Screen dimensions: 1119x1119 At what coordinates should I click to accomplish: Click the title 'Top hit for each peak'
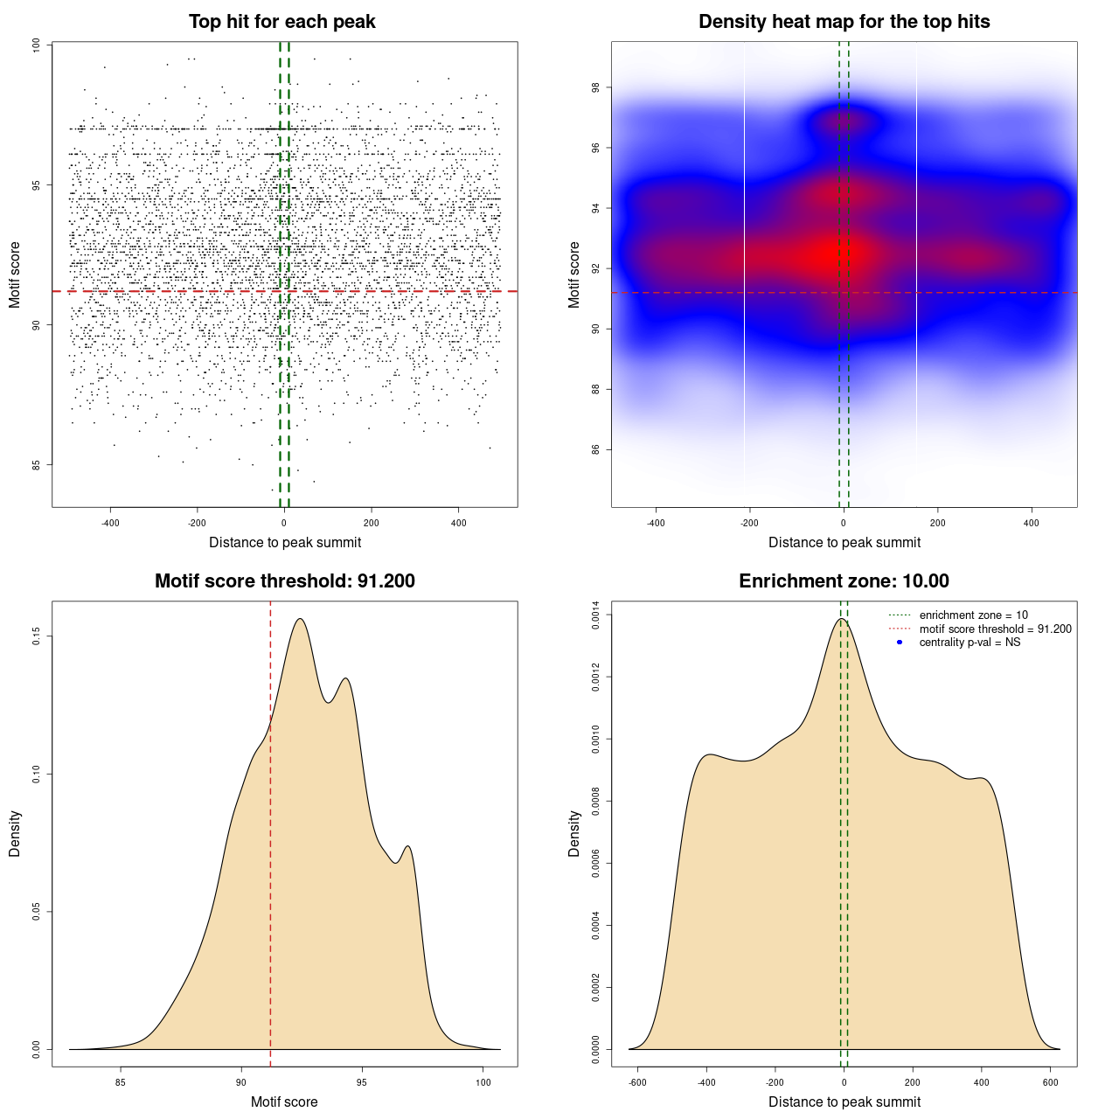click(x=281, y=22)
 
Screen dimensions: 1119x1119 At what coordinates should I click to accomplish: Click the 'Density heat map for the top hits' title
click(x=844, y=22)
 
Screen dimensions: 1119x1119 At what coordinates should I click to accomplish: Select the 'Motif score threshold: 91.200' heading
click(x=284, y=581)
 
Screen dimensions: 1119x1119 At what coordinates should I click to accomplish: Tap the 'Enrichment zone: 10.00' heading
click(x=844, y=581)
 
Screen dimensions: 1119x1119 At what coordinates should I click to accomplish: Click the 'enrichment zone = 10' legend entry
click(x=973, y=615)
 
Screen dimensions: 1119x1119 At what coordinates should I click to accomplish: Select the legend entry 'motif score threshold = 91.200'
click(x=995, y=629)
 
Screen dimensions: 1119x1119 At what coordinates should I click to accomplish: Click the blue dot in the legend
click(x=900, y=643)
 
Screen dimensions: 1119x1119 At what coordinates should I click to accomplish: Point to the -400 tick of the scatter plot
click(x=110, y=523)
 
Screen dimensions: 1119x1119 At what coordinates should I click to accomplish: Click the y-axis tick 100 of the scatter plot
click(x=37, y=45)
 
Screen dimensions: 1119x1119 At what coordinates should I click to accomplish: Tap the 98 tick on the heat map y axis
click(x=596, y=87)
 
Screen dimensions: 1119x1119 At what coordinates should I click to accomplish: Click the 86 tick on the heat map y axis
click(x=596, y=449)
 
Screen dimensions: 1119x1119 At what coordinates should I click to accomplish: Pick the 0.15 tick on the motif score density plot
click(x=37, y=636)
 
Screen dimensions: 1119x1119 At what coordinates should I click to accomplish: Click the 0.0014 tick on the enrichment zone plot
click(x=596, y=615)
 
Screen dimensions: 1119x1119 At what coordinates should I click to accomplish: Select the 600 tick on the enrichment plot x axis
click(x=1051, y=1082)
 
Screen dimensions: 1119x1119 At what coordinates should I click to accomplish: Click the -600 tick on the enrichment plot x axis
click(x=637, y=1082)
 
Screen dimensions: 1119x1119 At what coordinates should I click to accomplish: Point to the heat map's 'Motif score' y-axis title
click(x=574, y=275)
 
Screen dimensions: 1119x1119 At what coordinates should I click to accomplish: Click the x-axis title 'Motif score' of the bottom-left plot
click(x=284, y=1102)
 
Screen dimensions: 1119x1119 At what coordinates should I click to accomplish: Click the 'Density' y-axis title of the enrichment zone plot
click(x=574, y=833)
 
